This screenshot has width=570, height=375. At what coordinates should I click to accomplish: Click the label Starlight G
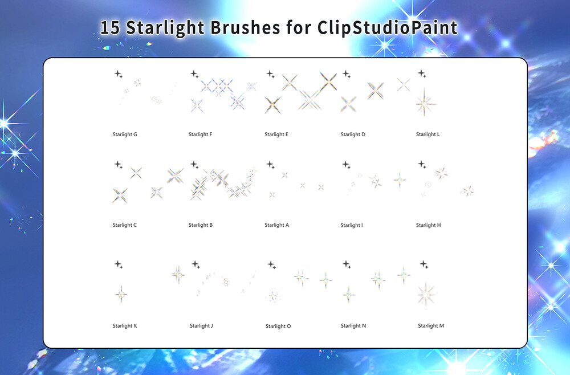coord(125,134)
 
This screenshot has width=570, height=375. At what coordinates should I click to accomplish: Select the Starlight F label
coord(200,134)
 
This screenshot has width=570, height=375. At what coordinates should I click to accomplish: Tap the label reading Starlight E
coord(276,134)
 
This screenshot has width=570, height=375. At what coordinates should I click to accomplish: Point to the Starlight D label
coord(353,134)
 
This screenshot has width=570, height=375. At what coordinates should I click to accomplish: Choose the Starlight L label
coord(428,134)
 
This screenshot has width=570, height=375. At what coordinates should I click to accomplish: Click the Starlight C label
coord(125,225)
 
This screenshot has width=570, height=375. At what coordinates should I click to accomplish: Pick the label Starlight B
coord(201,225)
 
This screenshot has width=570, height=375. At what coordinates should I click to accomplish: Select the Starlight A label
coord(276,225)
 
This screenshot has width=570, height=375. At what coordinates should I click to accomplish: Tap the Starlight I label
coord(352,225)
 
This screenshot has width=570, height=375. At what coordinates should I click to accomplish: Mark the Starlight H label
coord(429,225)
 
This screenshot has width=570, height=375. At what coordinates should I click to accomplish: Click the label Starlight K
coord(125,326)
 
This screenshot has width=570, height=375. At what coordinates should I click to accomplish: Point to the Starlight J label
coord(201,326)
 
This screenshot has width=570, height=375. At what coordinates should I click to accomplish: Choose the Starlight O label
coord(278,327)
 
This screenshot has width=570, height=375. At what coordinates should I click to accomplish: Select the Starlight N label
coord(353,326)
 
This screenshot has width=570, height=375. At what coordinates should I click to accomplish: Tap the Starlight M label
coord(431,326)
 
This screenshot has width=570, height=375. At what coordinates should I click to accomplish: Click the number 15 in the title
coord(110,28)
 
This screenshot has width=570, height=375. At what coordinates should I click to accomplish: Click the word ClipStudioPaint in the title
coord(388,28)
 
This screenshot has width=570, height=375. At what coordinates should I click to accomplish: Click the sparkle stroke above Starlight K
coord(121,294)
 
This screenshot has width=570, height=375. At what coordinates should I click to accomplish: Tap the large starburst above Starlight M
coord(426,294)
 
